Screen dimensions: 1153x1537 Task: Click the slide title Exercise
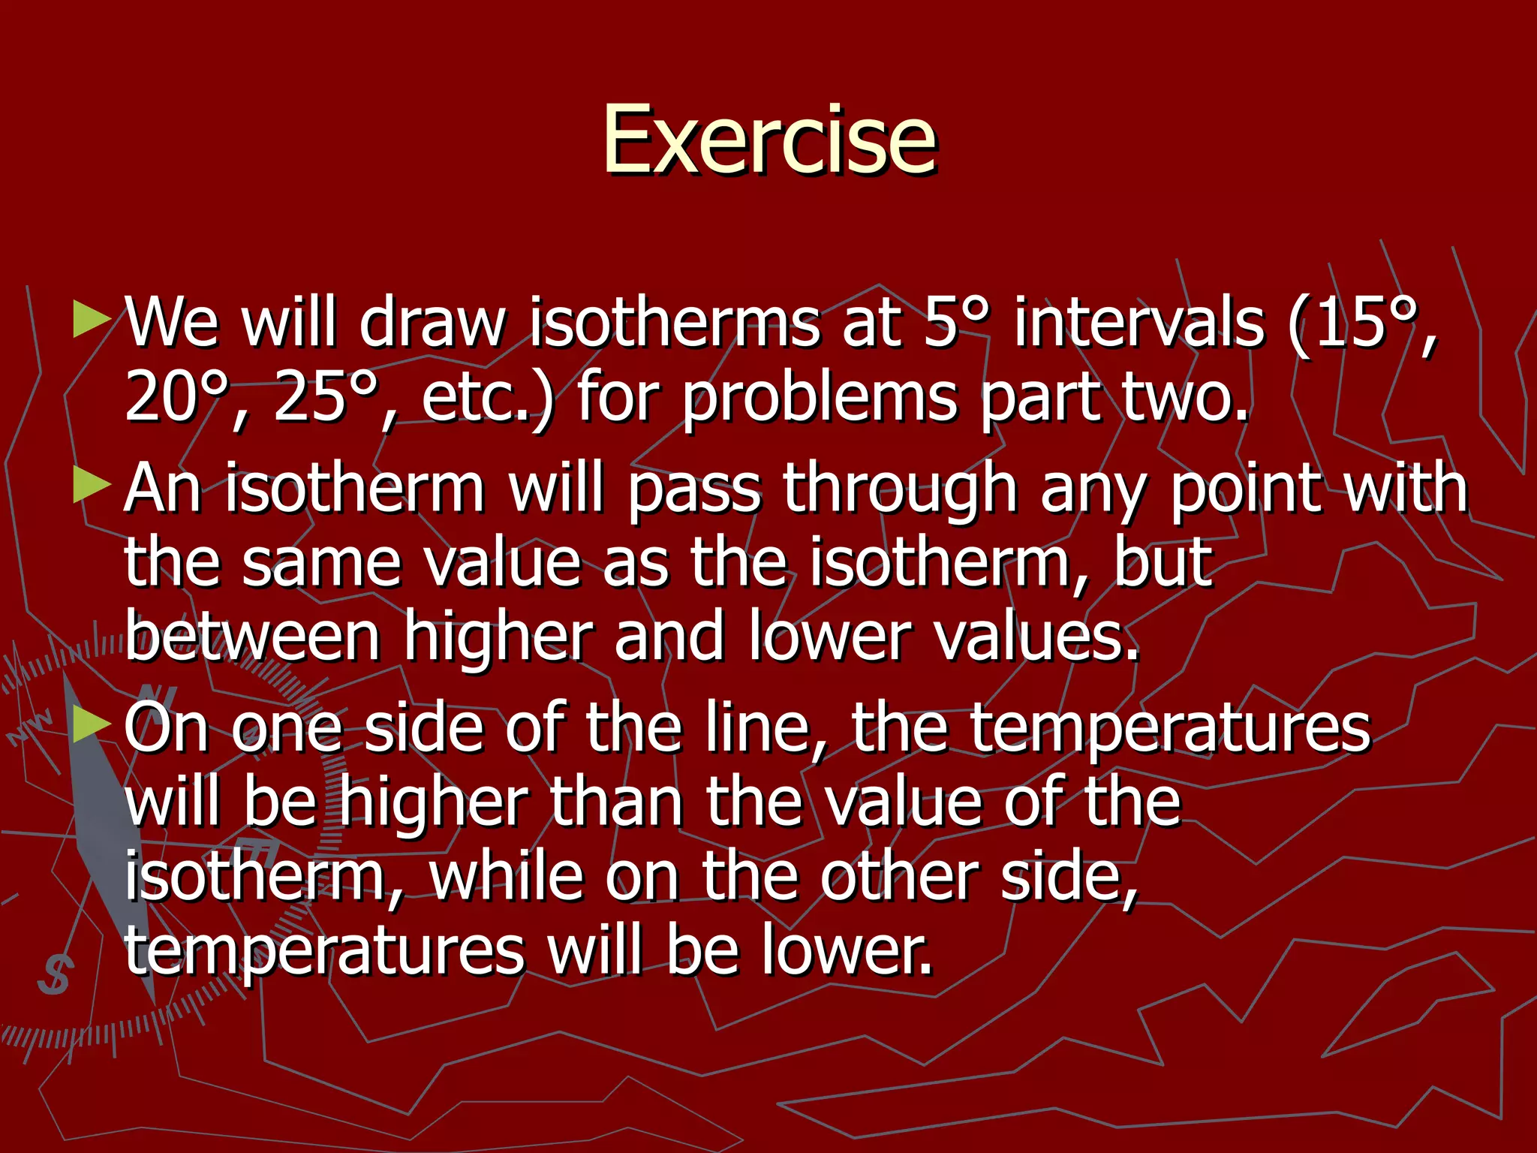point(769,140)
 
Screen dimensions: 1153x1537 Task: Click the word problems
point(819,398)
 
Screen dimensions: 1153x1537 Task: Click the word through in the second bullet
point(900,489)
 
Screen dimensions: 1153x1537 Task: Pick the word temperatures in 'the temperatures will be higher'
point(1170,728)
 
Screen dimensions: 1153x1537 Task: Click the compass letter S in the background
point(54,974)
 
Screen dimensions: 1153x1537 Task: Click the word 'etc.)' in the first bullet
point(487,398)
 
